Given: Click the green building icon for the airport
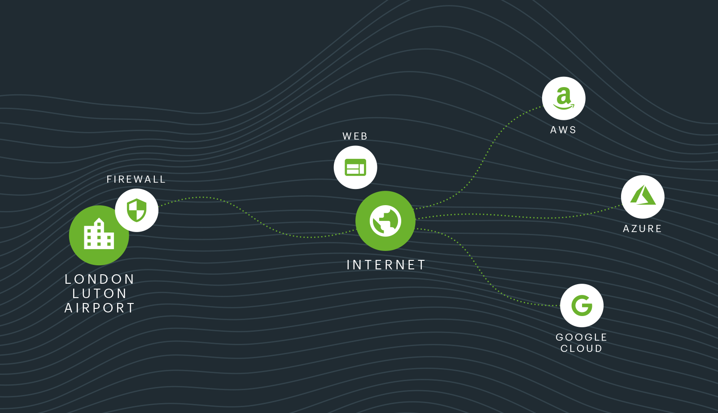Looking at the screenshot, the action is pos(99,234).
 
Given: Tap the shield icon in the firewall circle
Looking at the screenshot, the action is pos(136,210).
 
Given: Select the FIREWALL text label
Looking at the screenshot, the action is pos(136,180).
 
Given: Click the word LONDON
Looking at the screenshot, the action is pos(100,279).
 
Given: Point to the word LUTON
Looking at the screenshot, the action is pos(100,294).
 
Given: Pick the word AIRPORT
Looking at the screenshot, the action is pos(100,308).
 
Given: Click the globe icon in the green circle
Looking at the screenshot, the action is pos(385,221).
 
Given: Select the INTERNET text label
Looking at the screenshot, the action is pos(386,265).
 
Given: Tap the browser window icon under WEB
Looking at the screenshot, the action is pos(355,167).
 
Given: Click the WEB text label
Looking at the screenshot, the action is pos(355,136).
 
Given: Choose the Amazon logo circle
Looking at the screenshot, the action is pos(564,98).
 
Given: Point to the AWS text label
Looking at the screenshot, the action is pos(563,130).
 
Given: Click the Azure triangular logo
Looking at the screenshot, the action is pos(643,196).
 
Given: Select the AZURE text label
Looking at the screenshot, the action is pos(642,229).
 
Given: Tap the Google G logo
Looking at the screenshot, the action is pos(582,305).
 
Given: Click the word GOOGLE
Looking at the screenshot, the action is pos(581,337).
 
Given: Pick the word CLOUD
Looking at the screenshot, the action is pos(581,349).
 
